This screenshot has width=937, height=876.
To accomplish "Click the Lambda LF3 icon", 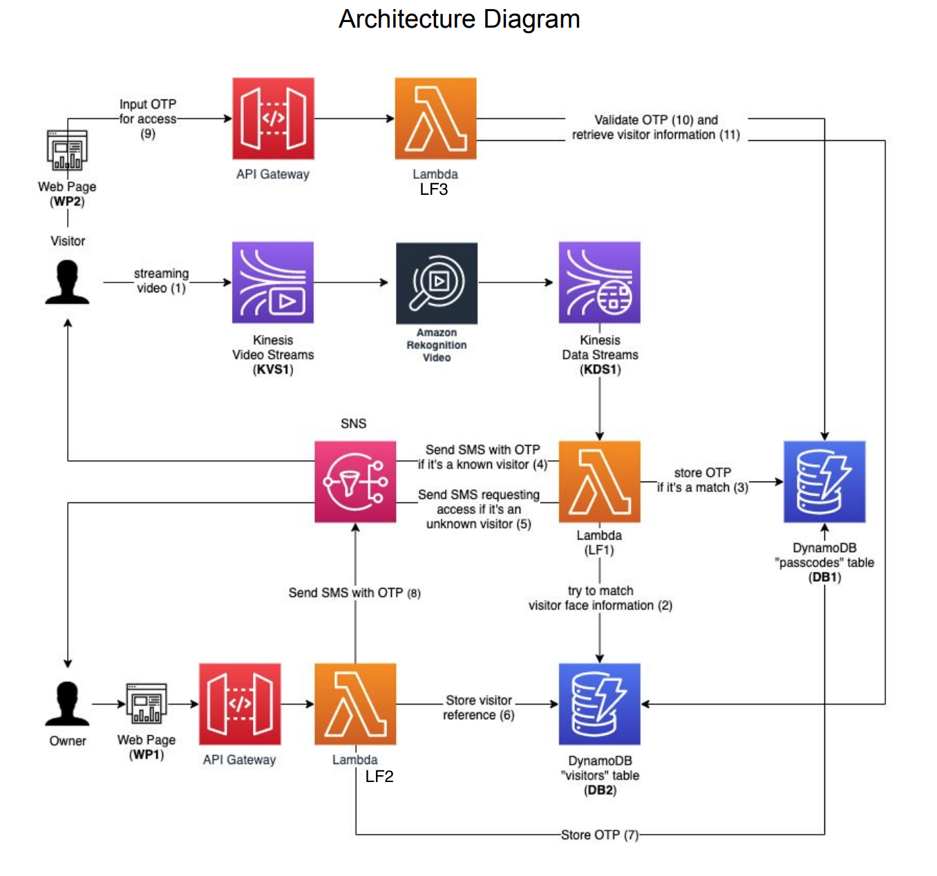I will point(435,119).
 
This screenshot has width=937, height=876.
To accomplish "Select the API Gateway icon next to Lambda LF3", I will point(273,119).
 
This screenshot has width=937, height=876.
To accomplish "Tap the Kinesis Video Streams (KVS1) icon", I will point(273,283).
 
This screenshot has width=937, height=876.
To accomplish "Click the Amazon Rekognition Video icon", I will point(436,283).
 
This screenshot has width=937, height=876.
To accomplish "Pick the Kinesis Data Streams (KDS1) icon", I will point(599,283).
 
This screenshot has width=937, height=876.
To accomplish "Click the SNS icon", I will point(355,482).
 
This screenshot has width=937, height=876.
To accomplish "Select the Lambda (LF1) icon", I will point(599,482).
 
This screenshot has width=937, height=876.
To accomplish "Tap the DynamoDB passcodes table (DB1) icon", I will point(824,482).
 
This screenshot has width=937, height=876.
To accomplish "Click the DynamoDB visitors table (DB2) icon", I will point(599,704).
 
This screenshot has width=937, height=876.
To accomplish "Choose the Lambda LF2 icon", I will point(355,704).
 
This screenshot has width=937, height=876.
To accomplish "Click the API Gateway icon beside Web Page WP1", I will point(240,704).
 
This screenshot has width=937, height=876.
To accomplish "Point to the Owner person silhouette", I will point(67,704).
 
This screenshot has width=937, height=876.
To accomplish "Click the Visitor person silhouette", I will point(67,283).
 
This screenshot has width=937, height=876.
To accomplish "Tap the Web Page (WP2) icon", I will point(67,151).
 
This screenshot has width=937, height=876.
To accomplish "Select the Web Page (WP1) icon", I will point(146,704).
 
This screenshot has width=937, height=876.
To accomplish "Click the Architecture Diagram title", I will point(459,19).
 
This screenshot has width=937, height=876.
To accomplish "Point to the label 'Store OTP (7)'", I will point(599,835).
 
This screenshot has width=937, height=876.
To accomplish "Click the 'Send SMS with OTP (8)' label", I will point(354,593).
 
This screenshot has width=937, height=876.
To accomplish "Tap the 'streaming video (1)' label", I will point(161,281).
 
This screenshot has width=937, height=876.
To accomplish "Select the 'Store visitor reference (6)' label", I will point(478,707).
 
